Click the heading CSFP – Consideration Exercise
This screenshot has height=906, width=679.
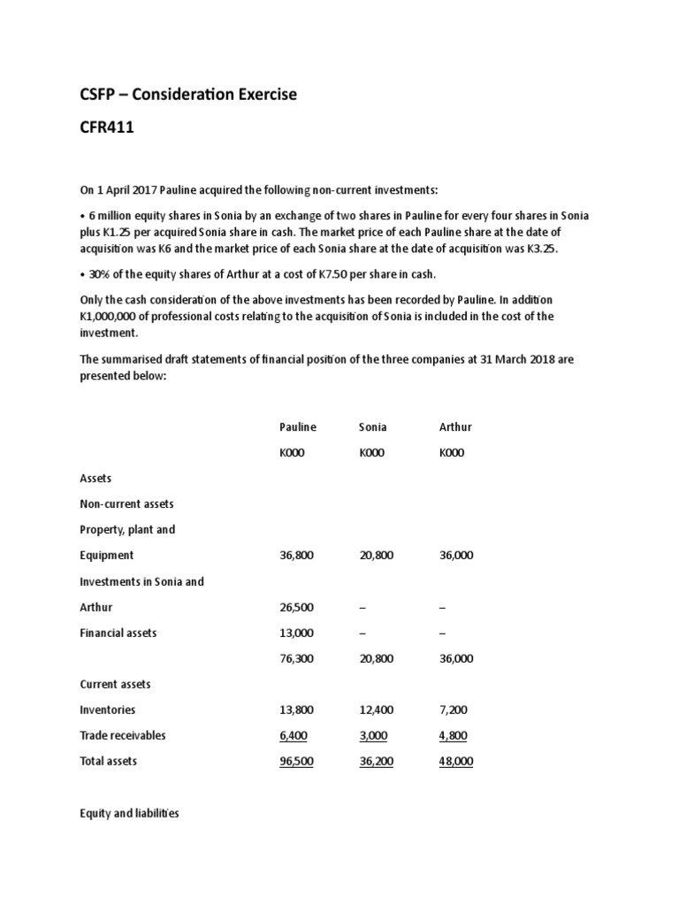click(x=188, y=95)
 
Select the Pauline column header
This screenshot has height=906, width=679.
click(x=297, y=426)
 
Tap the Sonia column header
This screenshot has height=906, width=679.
click(x=372, y=426)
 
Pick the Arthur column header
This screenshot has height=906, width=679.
click(x=455, y=426)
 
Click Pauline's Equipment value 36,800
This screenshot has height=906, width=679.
click(x=296, y=556)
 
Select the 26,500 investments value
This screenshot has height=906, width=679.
click(x=296, y=607)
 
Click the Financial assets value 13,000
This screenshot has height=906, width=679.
click(x=296, y=633)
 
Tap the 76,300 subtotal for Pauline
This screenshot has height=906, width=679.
click(x=296, y=658)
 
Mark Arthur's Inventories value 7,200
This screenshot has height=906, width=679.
click(x=456, y=710)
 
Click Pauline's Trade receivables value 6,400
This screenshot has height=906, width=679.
click(x=296, y=735)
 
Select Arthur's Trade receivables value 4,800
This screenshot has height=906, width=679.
click(x=456, y=735)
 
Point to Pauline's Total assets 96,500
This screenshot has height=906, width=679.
click(x=296, y=761)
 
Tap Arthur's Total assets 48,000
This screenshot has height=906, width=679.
click(x=456, y=761)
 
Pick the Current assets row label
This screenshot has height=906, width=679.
click(x=115, y=684)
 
